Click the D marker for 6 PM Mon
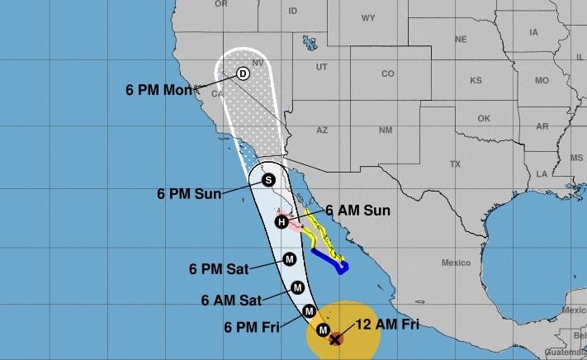click(x=243, y=73)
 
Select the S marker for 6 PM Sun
click(x=268, y=179)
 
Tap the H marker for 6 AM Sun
click(x=281, y=221)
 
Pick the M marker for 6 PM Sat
click(x=290, y=258)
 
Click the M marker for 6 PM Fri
click(x=309, y=310)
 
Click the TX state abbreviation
click(x=454, y=164)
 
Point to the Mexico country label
click(x=455, y=263)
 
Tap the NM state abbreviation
click(x=385, y=130)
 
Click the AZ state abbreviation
click(x=322, y=130)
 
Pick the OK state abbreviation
click(x=484, y=117)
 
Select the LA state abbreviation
click(x=542, y=173)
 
